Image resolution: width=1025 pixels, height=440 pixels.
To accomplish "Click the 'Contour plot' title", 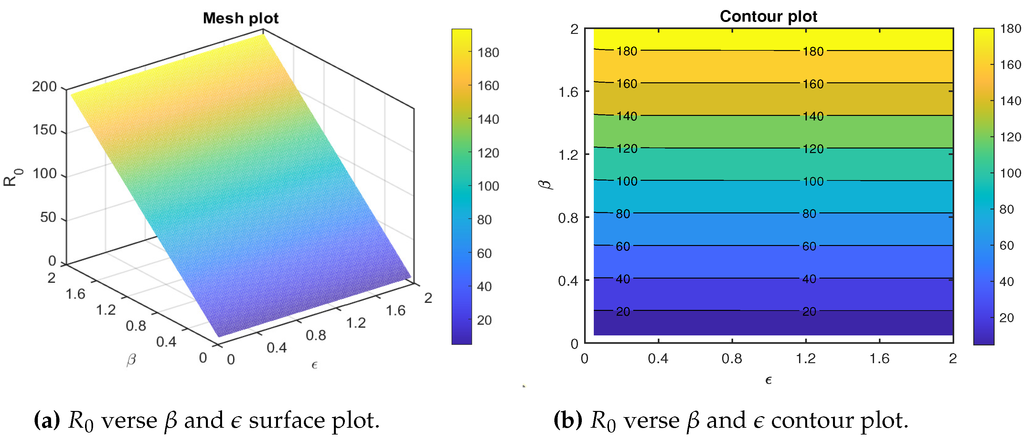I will pyautogui.click(x=768, y=16).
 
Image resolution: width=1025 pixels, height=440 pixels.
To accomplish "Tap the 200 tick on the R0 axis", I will pyautogui.click(x=45, y=87).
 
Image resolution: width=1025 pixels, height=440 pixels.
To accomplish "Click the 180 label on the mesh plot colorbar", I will pyautogui.click(x=488, y=53).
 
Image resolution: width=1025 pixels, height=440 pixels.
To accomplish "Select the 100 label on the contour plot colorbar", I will pyautogui.click(x=1010, y=173).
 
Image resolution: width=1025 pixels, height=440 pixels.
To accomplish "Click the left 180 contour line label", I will pyautogui.click(x=627, y=51).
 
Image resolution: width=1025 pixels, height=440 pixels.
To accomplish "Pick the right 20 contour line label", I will pyautogui.click(x=809, y=311).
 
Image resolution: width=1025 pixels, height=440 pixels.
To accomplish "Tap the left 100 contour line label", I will pyautogui.click(x=627, y=181).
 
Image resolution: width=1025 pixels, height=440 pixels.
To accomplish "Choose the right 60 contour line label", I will pyautogui.click(x=809, y=246).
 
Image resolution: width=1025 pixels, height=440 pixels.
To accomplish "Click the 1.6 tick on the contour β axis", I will pyautogui.click(x=568, y=92).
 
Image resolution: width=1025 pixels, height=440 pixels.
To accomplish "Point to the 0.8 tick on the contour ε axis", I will pyautogui.click(x=732, y=359).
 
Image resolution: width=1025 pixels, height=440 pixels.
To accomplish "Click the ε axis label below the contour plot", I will pyautogui.click(x=768, y=380).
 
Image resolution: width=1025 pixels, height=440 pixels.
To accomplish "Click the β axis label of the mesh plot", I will pyautogui.click(x=131, y=360).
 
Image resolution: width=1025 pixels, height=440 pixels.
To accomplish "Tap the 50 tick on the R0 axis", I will pyautogui.click(x=48, y=217).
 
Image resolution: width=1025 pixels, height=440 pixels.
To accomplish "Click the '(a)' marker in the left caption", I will pyautogui.click(x=47, y=420).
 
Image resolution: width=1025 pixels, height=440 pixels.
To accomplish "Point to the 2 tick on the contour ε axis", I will pyautogui.click(x=953, y=359).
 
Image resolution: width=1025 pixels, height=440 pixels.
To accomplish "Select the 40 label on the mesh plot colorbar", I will pyautogui.click(x=484, y=287).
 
